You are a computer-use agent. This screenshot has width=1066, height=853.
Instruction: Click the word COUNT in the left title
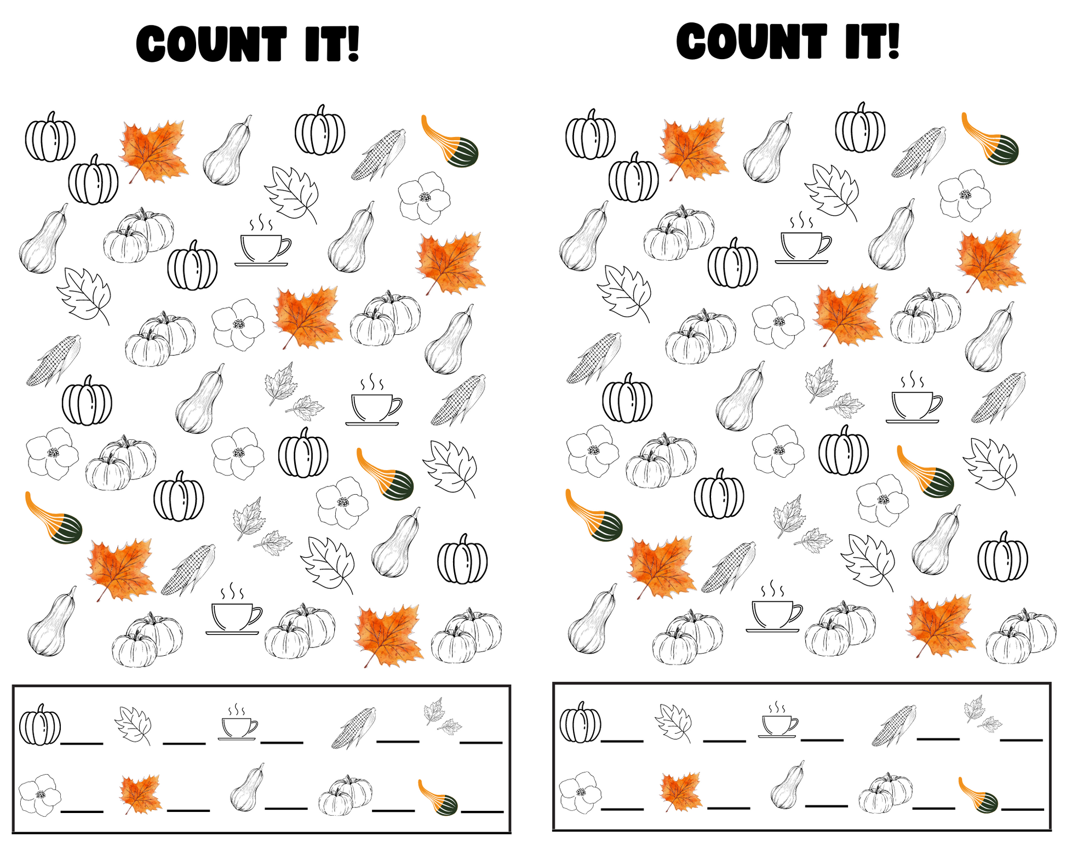(x=211, y=44)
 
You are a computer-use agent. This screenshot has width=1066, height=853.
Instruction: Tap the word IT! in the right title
(x=872, y=41)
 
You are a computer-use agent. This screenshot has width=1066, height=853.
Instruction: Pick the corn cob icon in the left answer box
(x=353, y=728)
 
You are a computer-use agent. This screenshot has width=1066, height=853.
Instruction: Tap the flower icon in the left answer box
(x=39, y=795)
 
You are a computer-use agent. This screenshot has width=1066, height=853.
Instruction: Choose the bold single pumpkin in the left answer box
(x=40, y=725)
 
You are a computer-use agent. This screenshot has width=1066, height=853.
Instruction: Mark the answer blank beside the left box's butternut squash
(x=286, y=808)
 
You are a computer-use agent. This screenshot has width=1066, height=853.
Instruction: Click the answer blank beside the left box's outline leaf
(x=184, y=743)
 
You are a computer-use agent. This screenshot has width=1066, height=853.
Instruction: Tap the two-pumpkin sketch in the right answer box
(x=886, y=792)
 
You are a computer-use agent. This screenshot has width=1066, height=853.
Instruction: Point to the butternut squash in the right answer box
(x=788, y=785)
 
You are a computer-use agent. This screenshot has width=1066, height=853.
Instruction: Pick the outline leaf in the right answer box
(x=673, y=723)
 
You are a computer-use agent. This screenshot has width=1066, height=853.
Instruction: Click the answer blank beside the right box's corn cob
(x=938, y=738)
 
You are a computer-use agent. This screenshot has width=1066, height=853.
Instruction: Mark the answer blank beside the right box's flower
(x=622, y=808)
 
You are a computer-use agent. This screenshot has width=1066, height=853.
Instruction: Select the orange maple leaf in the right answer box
(x=681, y=791)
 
